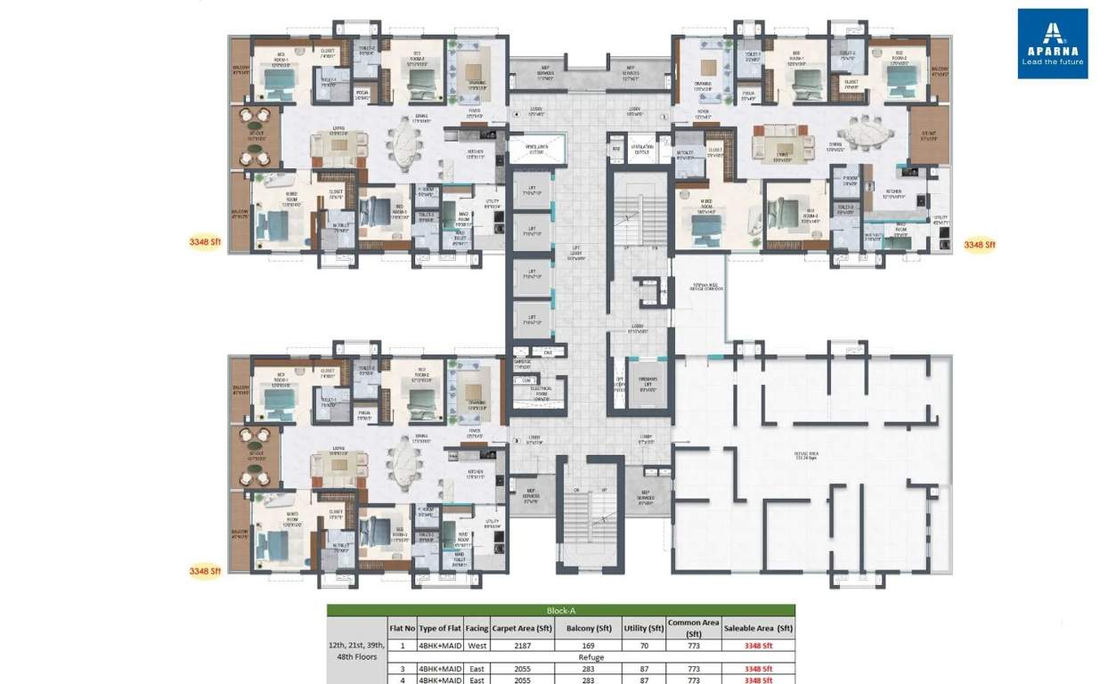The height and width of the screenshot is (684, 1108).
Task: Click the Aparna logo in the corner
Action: (1053, 43)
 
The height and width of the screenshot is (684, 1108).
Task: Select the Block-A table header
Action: (560, 611)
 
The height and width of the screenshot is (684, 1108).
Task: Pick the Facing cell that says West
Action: (477, 647)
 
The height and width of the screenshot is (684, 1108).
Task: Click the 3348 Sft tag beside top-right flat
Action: (980, 244)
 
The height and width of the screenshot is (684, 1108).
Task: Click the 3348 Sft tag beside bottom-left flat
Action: (205, 571)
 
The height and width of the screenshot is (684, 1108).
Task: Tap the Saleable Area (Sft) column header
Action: (758, 628)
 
